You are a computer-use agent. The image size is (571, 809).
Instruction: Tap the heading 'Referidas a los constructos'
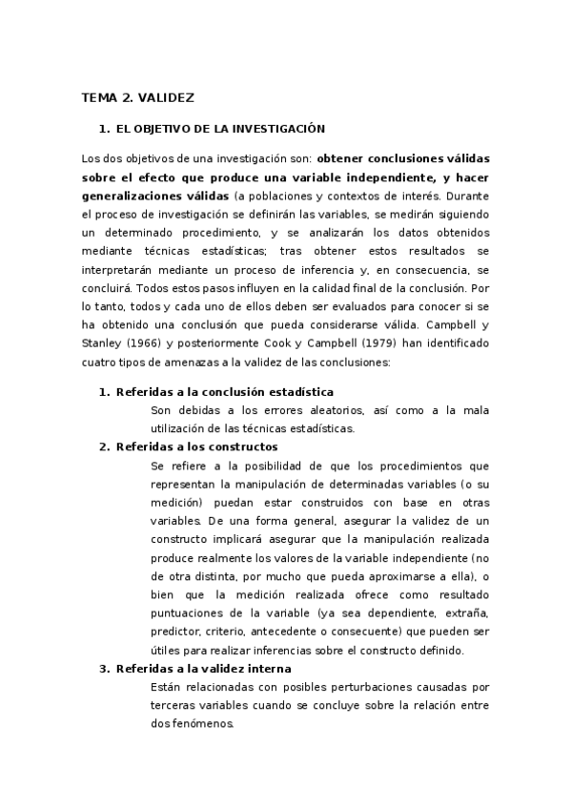(196, 446)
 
